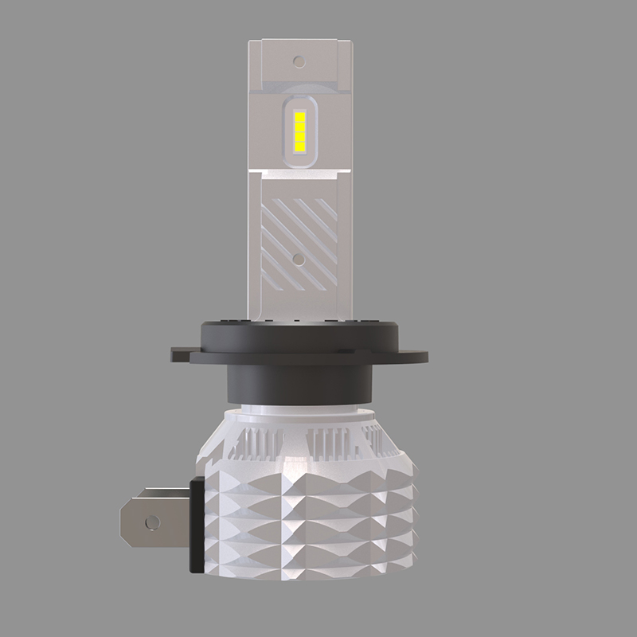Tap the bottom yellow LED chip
300,147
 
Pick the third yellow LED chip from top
300,136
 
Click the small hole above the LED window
299,61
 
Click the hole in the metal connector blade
151,522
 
